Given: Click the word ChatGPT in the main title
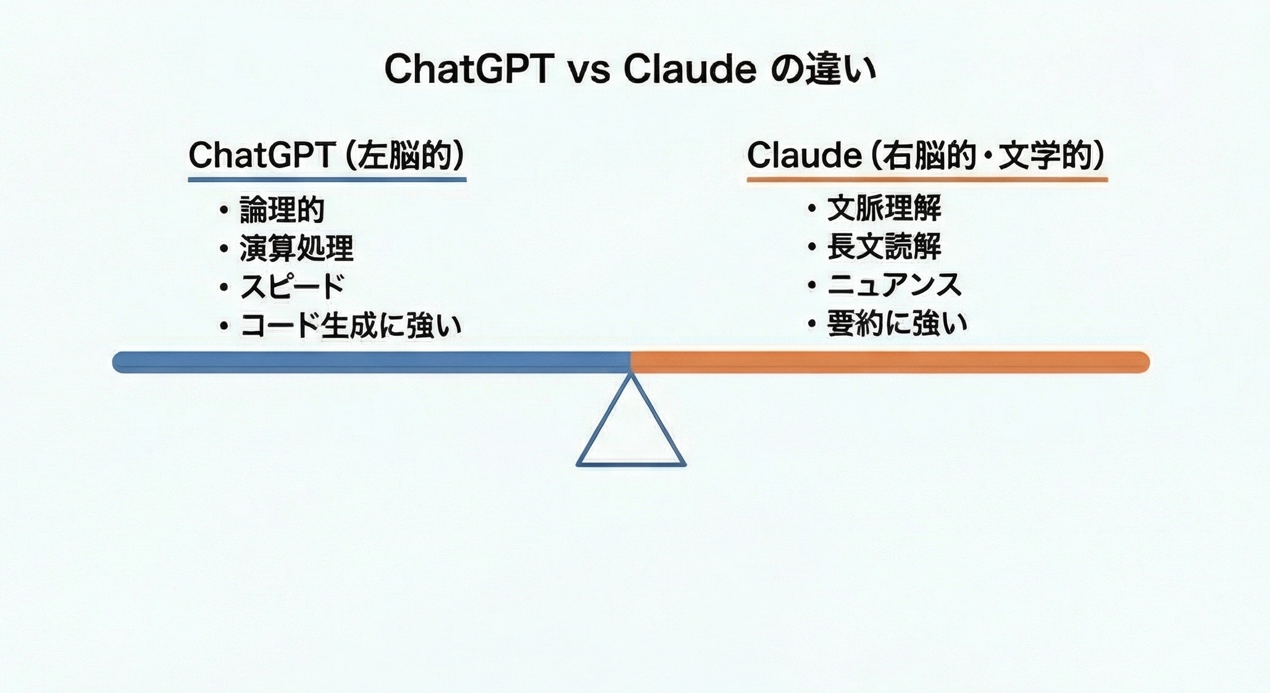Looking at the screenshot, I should coord(468,69).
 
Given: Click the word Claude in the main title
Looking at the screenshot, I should coord(690,69).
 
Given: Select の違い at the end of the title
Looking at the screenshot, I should coord(824,69).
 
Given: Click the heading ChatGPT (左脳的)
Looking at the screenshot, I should coord(327,155).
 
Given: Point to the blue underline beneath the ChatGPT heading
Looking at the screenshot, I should coord(327,180).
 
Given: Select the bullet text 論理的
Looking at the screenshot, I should coord(282,211).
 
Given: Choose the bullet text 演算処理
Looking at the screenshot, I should coord(296,249).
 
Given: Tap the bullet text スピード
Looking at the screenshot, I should coord(291,287).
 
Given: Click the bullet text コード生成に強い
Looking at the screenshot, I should coord(351,325).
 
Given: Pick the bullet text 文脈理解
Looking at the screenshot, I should coord(884,208).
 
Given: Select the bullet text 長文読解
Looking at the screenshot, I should coord(884,246).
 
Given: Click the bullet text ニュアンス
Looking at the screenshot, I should coord(894,285).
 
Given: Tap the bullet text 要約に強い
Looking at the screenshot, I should coord(897,324).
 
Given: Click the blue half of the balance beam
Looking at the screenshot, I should coord(370,362).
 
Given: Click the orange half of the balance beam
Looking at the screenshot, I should coord(889,362).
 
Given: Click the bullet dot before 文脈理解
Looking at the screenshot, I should coord(812,209).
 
